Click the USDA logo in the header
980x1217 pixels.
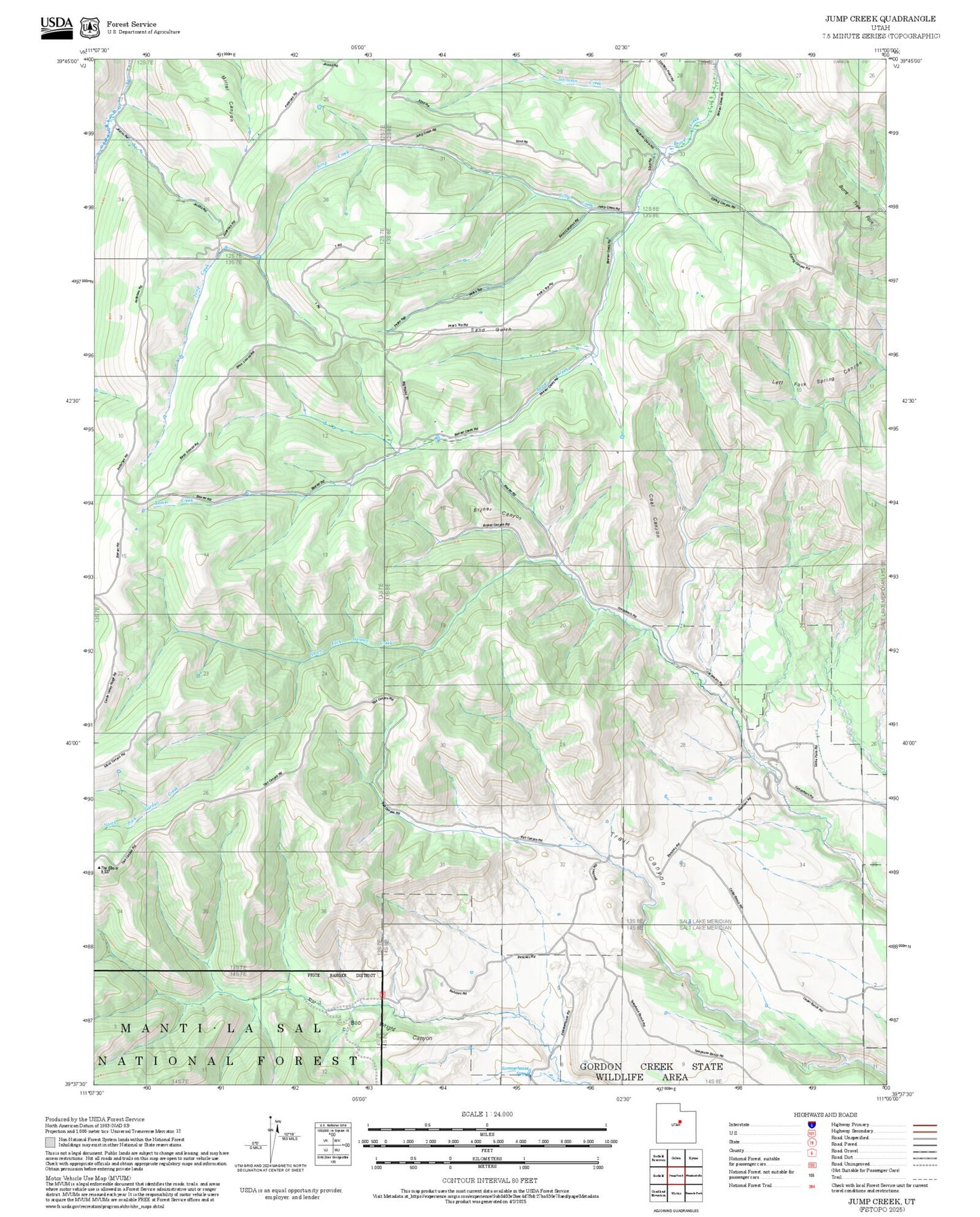56,26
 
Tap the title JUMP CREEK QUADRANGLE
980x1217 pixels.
881,19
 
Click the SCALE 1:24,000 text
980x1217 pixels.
486,1114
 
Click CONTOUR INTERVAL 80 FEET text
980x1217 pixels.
489,1180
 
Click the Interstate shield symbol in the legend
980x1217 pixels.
811,1125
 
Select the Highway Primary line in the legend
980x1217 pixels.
924,1125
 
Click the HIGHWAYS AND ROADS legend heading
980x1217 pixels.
825,1115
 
